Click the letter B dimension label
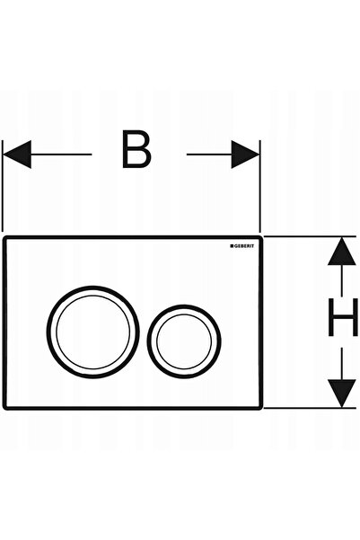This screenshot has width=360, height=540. coord(136,149)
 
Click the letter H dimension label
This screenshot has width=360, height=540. coord(343,317)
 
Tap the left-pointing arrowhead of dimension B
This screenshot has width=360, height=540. coord(17,155)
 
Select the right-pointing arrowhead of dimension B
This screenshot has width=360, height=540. coord(245,155)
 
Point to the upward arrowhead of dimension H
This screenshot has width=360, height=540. coord(341,251)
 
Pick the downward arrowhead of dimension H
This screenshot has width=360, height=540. coord(341,394)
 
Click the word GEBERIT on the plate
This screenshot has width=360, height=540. coord(244,246)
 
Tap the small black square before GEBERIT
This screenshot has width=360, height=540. coord(232,246)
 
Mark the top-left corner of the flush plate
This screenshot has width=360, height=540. coord(4,237)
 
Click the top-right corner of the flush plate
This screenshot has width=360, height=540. coord(261,237)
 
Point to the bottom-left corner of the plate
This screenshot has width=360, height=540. coord(4,408)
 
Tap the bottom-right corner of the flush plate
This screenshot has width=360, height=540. coord(261,408)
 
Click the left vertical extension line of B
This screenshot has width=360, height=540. coord(3,186)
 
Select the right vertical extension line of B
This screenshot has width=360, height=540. coord(259,186)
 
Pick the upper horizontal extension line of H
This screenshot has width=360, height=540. coord(310,236)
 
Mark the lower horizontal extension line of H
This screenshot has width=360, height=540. coord(310,408)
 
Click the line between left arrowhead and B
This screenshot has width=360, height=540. coord(61,155)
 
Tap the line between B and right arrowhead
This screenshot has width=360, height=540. coord(209,155)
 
